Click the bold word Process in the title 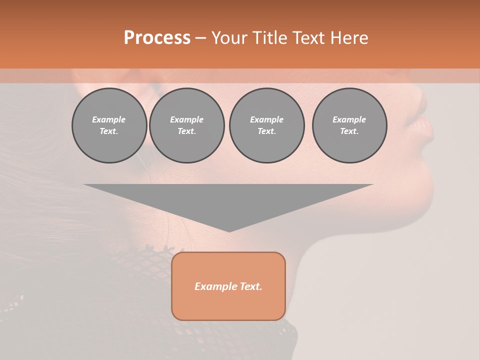157,38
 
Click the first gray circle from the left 109,125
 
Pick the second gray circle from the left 187,125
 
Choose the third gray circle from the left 267,125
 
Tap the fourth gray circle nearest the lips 349,125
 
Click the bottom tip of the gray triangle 229,231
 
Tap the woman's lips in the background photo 425,129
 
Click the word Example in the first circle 109,119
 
